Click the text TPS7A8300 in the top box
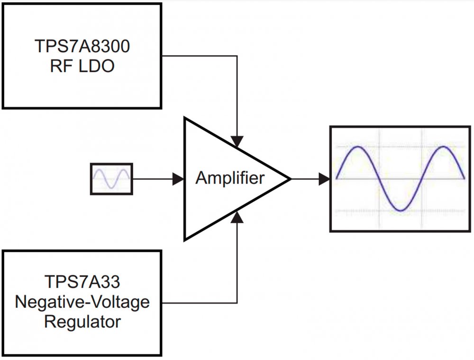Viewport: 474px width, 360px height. coord(82,47)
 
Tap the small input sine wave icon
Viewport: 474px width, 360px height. coord(111,179)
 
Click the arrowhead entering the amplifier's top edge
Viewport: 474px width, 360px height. coord(237,141)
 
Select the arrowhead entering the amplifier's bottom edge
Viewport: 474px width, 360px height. coord(237,217)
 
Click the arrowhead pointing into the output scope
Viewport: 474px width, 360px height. coord(325,179)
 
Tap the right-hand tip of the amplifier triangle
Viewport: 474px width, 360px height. coord(290,179)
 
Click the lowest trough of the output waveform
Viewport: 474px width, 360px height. coord(401,211)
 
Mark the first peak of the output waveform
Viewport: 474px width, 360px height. coord(358,147)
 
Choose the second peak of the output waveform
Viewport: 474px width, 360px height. coord(444,147)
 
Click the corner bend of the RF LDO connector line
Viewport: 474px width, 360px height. coord(237,56)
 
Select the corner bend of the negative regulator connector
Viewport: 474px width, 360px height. coord(237,302)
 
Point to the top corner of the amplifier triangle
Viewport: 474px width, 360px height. coord(185,119)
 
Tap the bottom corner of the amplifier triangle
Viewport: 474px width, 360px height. coord(185,240)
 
